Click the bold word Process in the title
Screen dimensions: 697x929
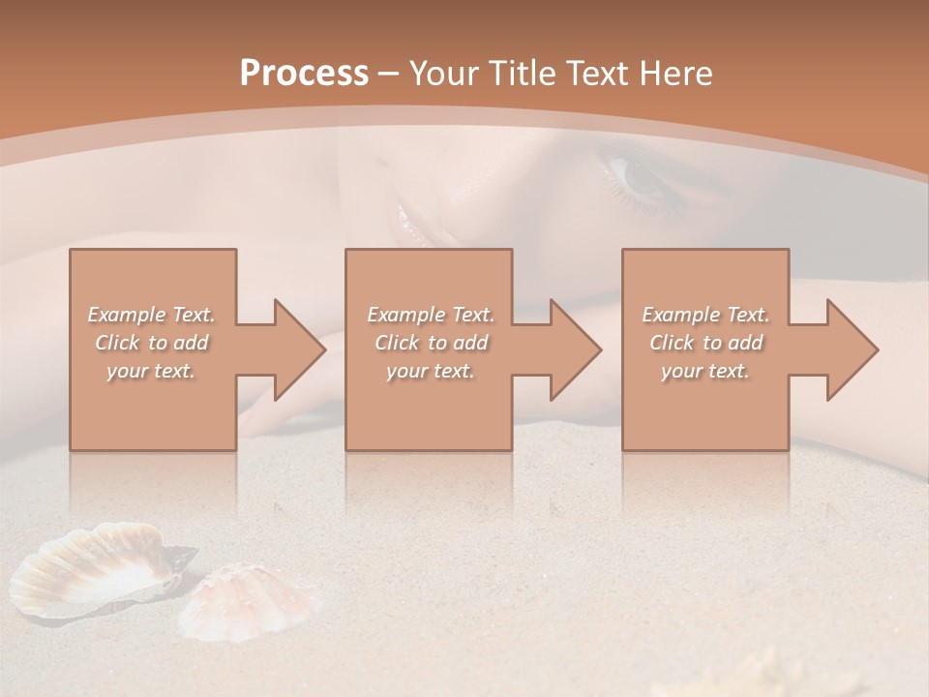tap(304, 74)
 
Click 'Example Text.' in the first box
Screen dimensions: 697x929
tap(151, 315)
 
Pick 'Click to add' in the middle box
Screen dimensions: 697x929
tap(431, 343)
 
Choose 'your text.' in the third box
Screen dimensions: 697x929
tap(705, 371)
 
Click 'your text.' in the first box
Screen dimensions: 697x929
tap(151, 371)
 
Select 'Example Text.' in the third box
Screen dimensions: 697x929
tap(705, 315)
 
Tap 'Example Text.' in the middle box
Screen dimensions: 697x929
tap(431, 315)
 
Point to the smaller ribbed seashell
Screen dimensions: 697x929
tap(254, 602)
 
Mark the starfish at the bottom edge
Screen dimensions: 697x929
tap(755, 678)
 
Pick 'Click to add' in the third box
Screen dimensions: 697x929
tap(705, 343)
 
